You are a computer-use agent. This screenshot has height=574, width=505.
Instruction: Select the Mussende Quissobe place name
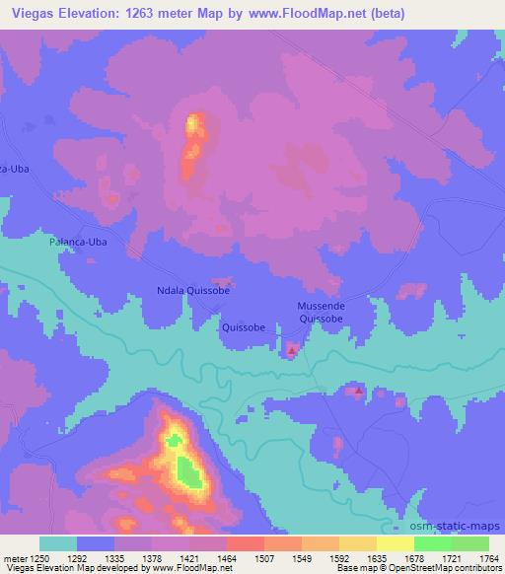[322, 312]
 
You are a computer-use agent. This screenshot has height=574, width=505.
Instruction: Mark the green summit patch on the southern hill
[189, 473]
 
